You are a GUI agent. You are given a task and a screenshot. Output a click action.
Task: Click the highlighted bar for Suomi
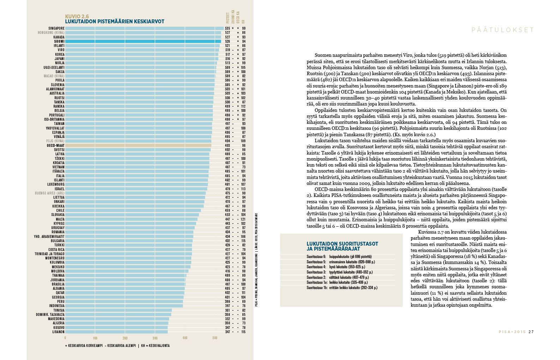tap(143, 41)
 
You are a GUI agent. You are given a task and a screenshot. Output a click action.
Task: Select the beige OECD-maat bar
tap(138, 145)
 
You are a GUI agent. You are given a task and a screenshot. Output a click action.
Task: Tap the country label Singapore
tap(56, 28)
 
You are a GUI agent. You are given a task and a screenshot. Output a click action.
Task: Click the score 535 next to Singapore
tap(228, 28)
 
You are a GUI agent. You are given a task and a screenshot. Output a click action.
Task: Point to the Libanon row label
tap(58, 332)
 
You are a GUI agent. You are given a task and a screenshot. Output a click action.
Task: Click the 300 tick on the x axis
tap(155, 338)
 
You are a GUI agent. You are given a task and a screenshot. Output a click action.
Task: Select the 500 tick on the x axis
tap(215, 338)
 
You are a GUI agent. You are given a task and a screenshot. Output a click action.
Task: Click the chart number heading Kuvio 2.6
tap(77, 16)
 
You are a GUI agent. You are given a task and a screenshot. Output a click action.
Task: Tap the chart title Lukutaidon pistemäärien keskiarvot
tap(115, 22)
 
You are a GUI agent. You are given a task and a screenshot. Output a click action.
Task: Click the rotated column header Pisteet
tap(228, 18)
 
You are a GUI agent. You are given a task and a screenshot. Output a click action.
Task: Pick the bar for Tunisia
tap(118, 310)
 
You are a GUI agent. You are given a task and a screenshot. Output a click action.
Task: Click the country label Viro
tap(61, 50)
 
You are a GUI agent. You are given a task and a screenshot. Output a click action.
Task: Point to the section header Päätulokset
tap(502, 30)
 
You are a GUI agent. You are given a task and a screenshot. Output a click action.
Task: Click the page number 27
tap(531, 332)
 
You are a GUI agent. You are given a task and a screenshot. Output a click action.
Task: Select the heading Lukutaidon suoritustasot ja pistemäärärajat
tap(342, 246)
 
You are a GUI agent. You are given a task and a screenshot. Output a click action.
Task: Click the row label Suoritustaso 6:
tap(316, 257)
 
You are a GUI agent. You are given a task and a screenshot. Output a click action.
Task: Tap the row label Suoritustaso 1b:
tap(317, 288)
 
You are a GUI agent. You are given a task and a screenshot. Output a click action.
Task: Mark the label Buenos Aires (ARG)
tap(50, 193)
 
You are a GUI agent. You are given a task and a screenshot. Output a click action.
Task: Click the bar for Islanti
tap(137, 180)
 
